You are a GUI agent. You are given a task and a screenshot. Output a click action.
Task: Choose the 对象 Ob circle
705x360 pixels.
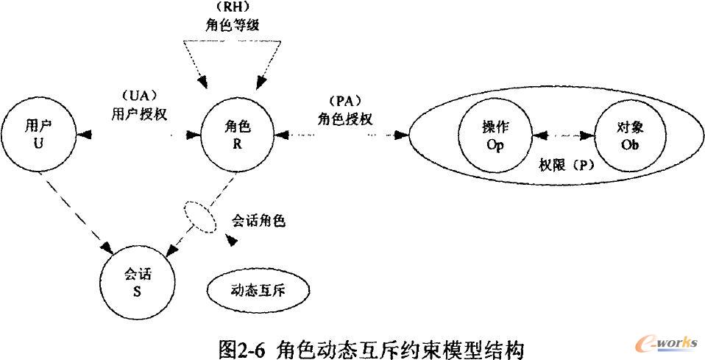pos(630,136)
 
